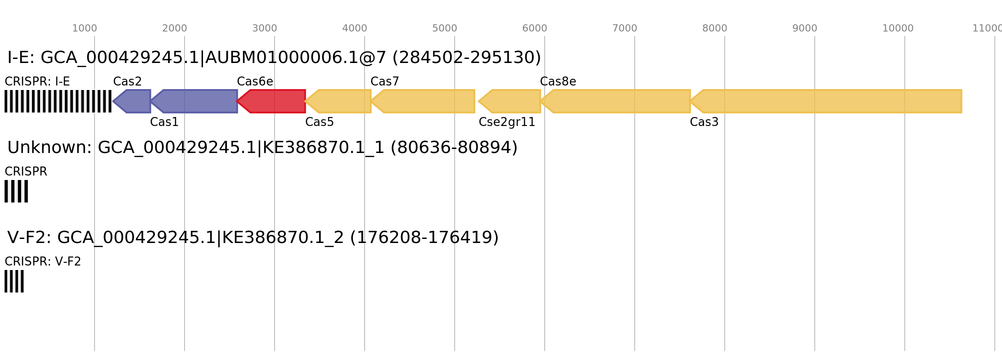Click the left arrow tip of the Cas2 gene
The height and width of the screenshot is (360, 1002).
pyautogui.click(x=113, y=101)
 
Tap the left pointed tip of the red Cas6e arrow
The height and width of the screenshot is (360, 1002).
pyautogui.click(x=237, y=101)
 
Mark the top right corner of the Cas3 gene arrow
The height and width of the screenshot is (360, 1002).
pyautogui.click(x=961, y=90)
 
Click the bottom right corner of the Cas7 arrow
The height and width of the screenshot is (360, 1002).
pyautogui.click(x=474, y=112)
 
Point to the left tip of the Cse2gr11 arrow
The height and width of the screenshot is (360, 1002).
pyautogui.click(x=479, y=101)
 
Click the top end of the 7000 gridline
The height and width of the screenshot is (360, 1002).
pyautogui.click(x=635, y=36)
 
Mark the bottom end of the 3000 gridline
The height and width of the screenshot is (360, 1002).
pyautogui.click(x=275, y=351)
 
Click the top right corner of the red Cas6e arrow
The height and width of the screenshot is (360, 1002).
pyautogui.click(x=305, y=90)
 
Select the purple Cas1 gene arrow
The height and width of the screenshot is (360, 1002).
pyautogui.click(x=194, y=101)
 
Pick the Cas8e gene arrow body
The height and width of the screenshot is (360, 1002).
pyautogui.click(x=615, y=101)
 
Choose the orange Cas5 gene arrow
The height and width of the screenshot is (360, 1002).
pyautogui.click(x=338, y=101)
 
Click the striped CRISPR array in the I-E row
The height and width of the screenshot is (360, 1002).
pyautogui.click(x=58, y=101)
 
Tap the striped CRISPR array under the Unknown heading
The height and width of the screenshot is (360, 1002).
pyautogui.click(x=16, y=191)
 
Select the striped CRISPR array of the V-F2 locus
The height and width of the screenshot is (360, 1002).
pyautogui.click(x=14, y=281)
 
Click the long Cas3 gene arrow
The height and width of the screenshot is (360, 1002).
pyautogui.click(x=826, y=101)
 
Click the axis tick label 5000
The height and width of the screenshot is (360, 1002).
pyautogui.click(x=445, y=28)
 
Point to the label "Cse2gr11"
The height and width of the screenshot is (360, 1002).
pyautogui.click(x=507, y=122)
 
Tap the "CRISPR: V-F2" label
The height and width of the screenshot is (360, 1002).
pyautogui.click(x=43, y=262)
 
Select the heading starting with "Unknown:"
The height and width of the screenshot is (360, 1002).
pyautogui.click(x=262, y=148)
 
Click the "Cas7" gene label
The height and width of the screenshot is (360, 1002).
pyautogui.click(x=385, y=81)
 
